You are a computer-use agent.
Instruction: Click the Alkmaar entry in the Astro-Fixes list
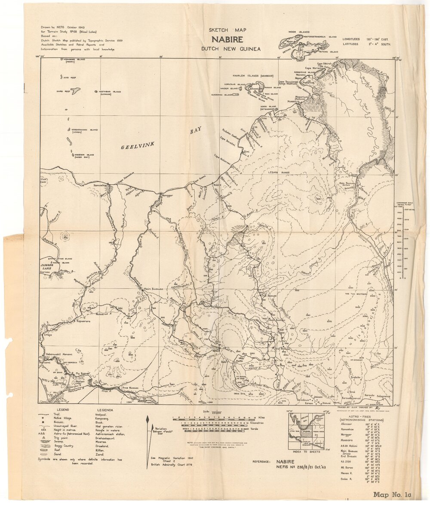click(x=346, y=424)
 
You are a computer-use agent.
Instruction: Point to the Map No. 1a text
click(x=392, y=495)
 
